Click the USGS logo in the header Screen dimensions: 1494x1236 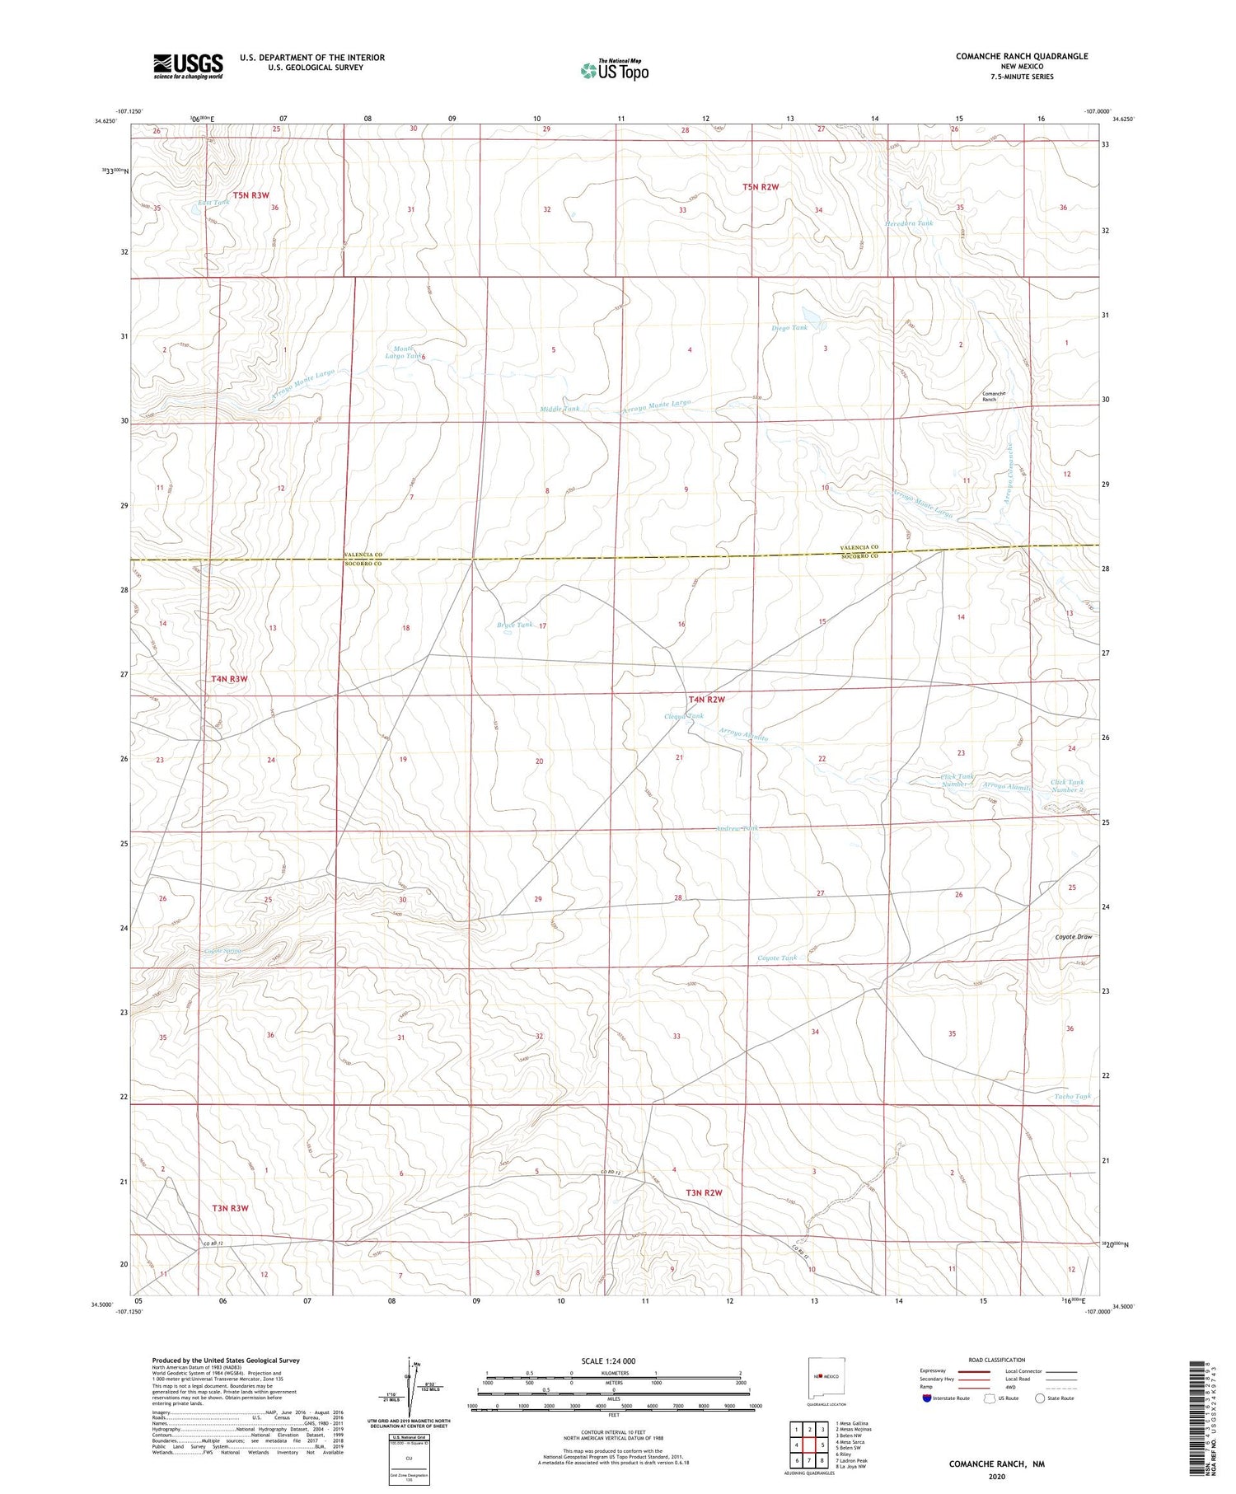point(188,66)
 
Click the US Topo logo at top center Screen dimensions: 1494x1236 point(615,71)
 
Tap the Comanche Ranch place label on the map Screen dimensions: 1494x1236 point(994,396)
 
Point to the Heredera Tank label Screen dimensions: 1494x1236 point(909,223)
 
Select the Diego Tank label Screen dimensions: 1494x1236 point(789,328)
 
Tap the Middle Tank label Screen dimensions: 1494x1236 point(559,409)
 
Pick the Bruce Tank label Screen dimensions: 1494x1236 point(515,625)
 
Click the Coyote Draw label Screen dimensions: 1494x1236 point(1074,937)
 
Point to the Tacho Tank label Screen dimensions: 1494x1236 point(1072,1096)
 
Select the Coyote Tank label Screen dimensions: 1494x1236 point(777,958)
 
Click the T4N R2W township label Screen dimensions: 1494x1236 point(706,700)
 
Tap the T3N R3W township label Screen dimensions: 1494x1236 point(230,1208)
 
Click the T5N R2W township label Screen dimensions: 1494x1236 point(760,187)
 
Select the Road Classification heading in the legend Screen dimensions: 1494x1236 point(997,1360)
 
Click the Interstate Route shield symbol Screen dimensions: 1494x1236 point(927,1398)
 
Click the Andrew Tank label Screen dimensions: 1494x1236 point(737,828)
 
